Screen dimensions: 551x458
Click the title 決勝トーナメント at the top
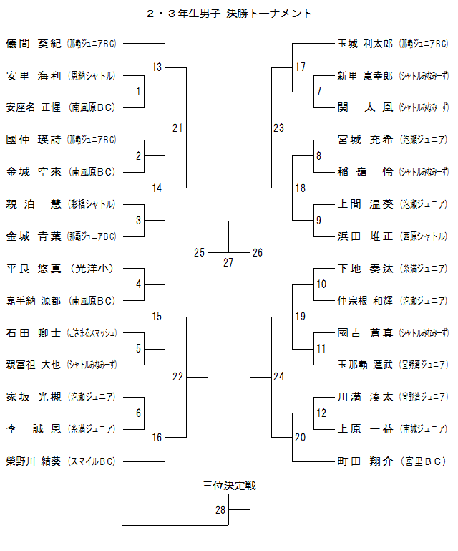(x=268, y=14)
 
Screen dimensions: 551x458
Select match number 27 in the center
(x=228, y=262)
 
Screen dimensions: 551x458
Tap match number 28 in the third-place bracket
(x=220, y=510)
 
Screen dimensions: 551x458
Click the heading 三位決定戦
(x=229, y=486)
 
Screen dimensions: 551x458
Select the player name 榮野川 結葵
(x=33, y=461)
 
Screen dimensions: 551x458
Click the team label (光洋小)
(x=93, y=269)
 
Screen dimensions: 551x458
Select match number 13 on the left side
(x=157, y=67)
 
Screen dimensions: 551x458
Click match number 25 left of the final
(x=199, y=252)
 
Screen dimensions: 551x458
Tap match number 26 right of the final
(x=258, y=252)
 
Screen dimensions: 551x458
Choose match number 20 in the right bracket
(x=300, y=437)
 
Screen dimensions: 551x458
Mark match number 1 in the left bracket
(x=138, y=91)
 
